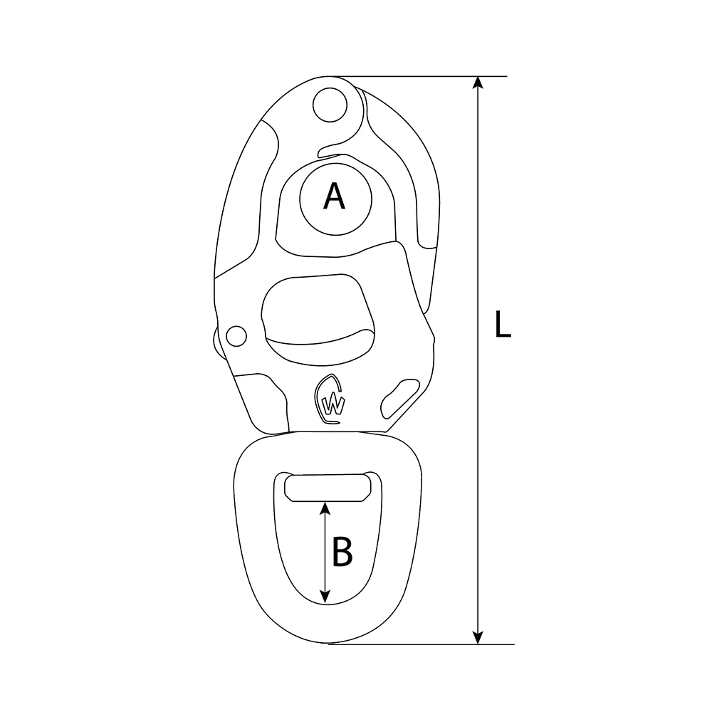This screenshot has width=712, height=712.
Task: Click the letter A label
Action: pyautogui.click(x=334, y=196)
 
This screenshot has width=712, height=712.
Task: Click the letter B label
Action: pyautogui.click(x=342, y=552)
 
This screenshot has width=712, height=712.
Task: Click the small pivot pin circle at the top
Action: pyautogui.click(x=328, y=104)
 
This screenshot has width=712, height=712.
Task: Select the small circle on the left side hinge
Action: pyautogui.click(x=234, y=335)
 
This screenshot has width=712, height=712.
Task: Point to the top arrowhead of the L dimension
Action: pyautogui.click(x=480, y=83)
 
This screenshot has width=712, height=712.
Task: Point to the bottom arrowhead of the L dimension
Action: pyautogui.click(x=480, y=637)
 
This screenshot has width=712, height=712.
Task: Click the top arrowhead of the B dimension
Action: pyautogui.click(x=325, y=508)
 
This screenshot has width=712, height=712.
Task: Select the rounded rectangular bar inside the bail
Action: pyautogui.click(x=328, y=488)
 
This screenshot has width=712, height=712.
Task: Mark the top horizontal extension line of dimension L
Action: pyautogui.click(x=427, y=75)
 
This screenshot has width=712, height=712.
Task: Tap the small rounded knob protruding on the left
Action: pyautogui.click(x=216, y=341)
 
